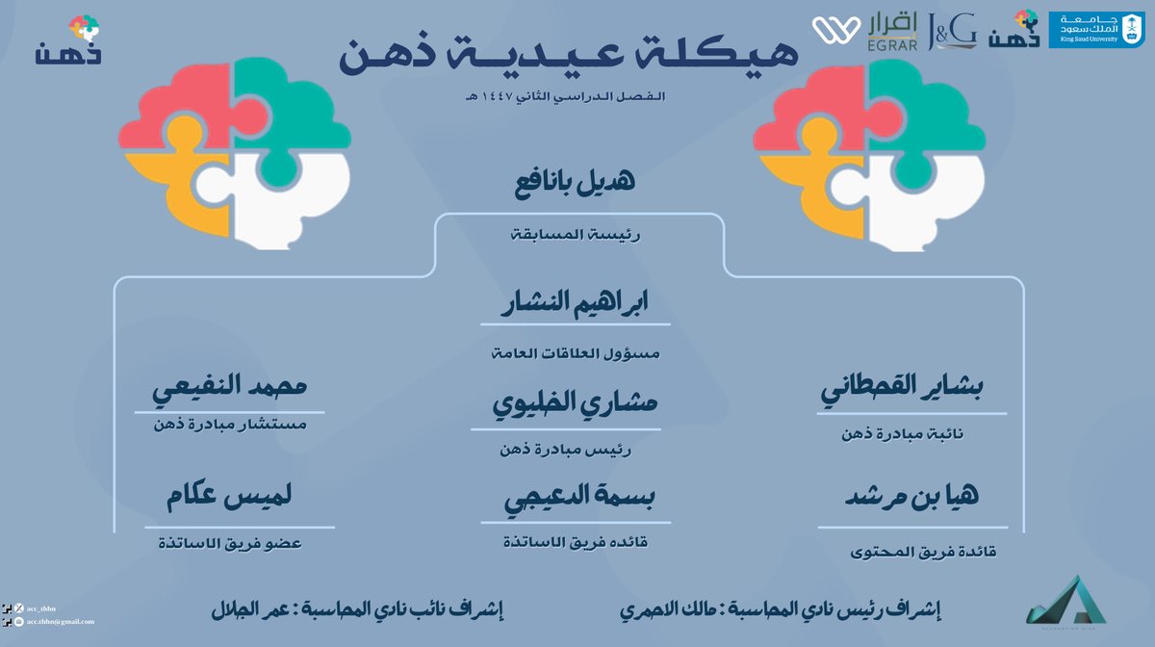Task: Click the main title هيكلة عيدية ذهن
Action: (x=569, y=58)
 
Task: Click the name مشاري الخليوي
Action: (x=576, y=405)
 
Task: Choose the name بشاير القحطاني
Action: (x=911, y=394)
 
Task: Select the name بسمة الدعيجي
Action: (x=576, y=502)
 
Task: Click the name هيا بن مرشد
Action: (x=911, y=500)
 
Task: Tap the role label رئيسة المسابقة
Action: (x=577, y=233)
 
